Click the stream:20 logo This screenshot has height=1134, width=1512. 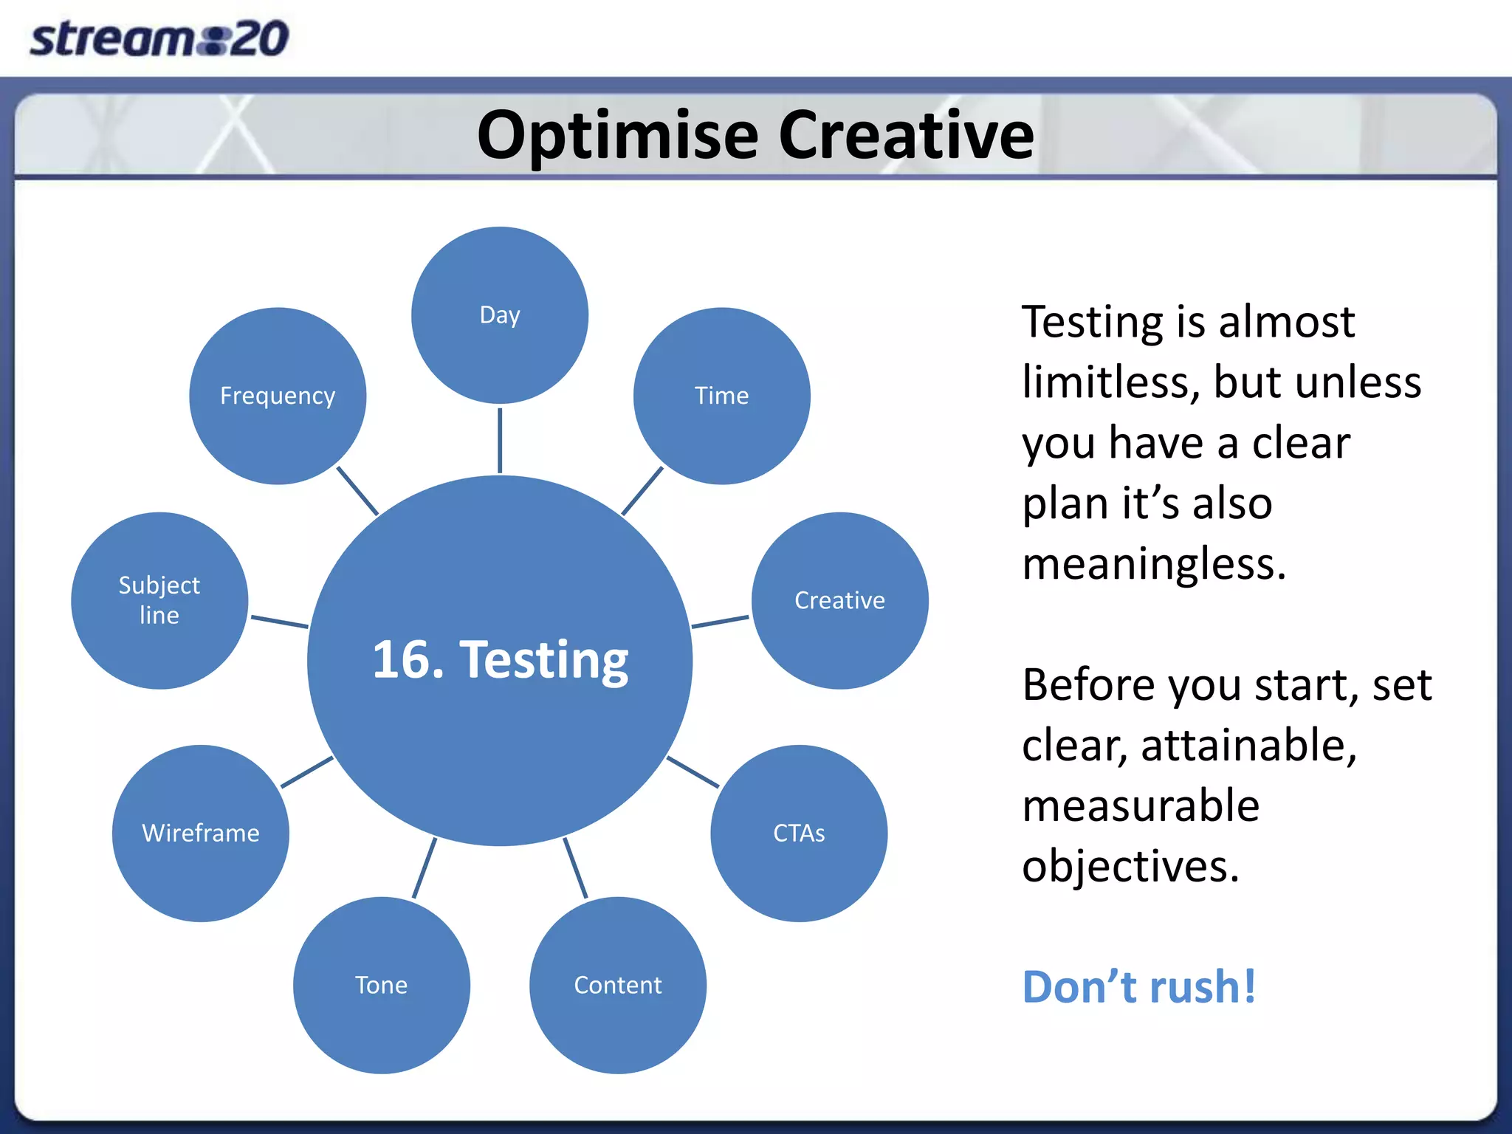pyautogui.click(x=159, y=38)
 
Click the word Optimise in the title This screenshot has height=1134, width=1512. pyautogui.click(x=617, y=136)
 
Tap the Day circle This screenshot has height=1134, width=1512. pyautogui.click(x=500, y=315)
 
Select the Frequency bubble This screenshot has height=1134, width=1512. pyautogui.click(x=278, y=396)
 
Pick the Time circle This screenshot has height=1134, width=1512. pyautogui.click(x=721, y=396)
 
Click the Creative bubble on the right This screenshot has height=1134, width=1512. pyautogui.click(x=839, y=600)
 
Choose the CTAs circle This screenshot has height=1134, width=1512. pyautogui.click(x=799, y=833)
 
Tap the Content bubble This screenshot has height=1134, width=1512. pyautogui.click(x=618, y=985)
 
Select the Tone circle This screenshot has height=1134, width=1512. pyautogui.click(x=381, y=985)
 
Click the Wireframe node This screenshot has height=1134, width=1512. pyautogui.click(x=201, y=833)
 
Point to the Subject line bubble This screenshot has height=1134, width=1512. pyautogui.click(x=159, y=600)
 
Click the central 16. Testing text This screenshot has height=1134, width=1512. pyautogui.click(x=500, y=659)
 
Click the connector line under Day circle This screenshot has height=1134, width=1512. pyautogui.click(x=500, y=440)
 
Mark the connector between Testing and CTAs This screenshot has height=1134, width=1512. pyautogui.click(x=693, y=772)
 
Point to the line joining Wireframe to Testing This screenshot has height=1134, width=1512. pyautogui.click(x=307, y=772)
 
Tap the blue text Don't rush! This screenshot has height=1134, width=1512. pyautogui.click(x=1138, y=987)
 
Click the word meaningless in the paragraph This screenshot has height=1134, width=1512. pyautogui.click(x=1154, y=564)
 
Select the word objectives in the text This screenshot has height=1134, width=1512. pyautogui.click(x=1130, y=866)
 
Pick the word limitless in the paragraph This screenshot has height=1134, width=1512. pyautogui.click(x=1110, y=382)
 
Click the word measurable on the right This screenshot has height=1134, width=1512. pyautogui.click(x=1141, y=805)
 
